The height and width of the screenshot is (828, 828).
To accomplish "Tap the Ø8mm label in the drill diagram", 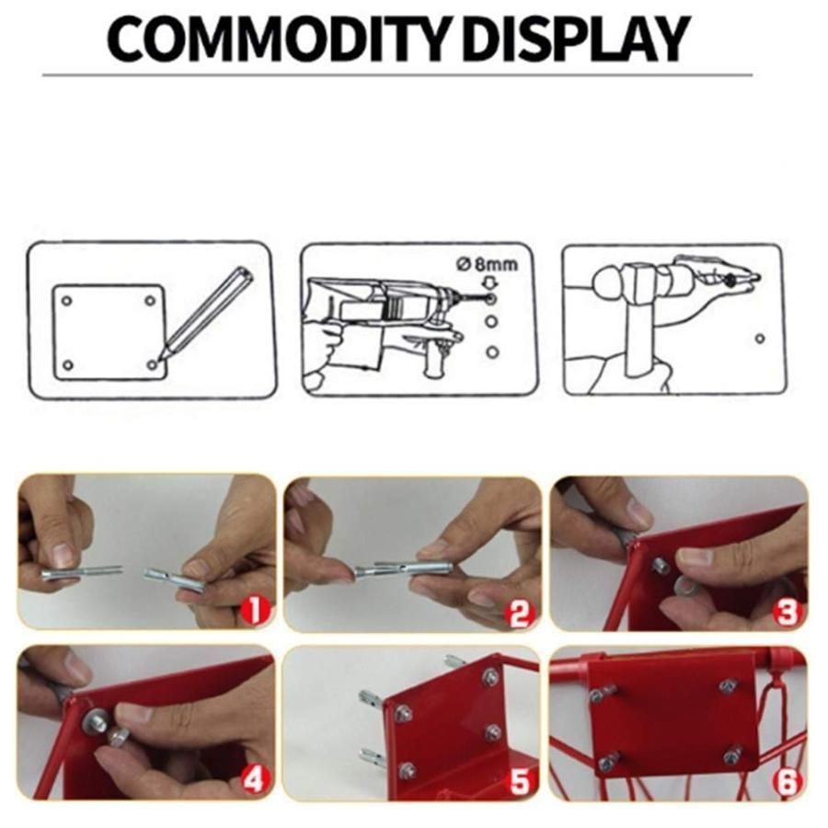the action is [487, 264].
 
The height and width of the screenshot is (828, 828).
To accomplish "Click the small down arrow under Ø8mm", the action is [491, 284].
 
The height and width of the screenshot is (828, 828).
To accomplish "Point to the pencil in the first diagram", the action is [208, 314].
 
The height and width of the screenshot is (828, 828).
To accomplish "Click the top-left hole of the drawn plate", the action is [66, 301].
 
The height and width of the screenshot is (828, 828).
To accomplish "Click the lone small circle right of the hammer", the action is [760, 339].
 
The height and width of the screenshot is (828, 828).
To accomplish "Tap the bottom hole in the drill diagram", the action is [492, 351].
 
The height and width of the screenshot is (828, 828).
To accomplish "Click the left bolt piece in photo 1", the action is [81, 572].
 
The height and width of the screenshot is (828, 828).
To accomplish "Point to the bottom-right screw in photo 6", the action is [733, 752].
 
